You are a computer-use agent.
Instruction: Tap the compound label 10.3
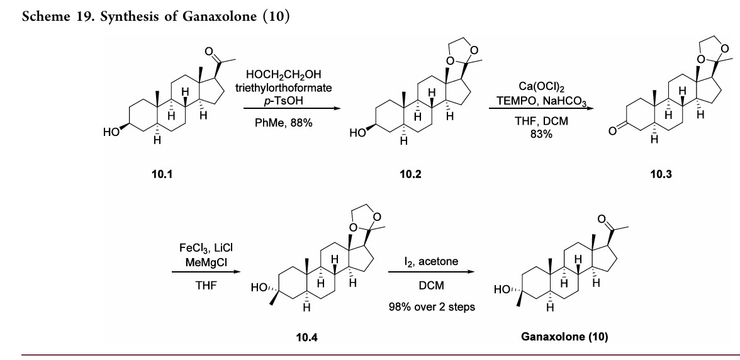[661, 174]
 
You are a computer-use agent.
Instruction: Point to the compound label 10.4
[306, 336]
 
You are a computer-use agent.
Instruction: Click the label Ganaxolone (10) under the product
[564, 336]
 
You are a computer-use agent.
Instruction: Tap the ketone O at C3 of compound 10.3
[611, 131]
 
